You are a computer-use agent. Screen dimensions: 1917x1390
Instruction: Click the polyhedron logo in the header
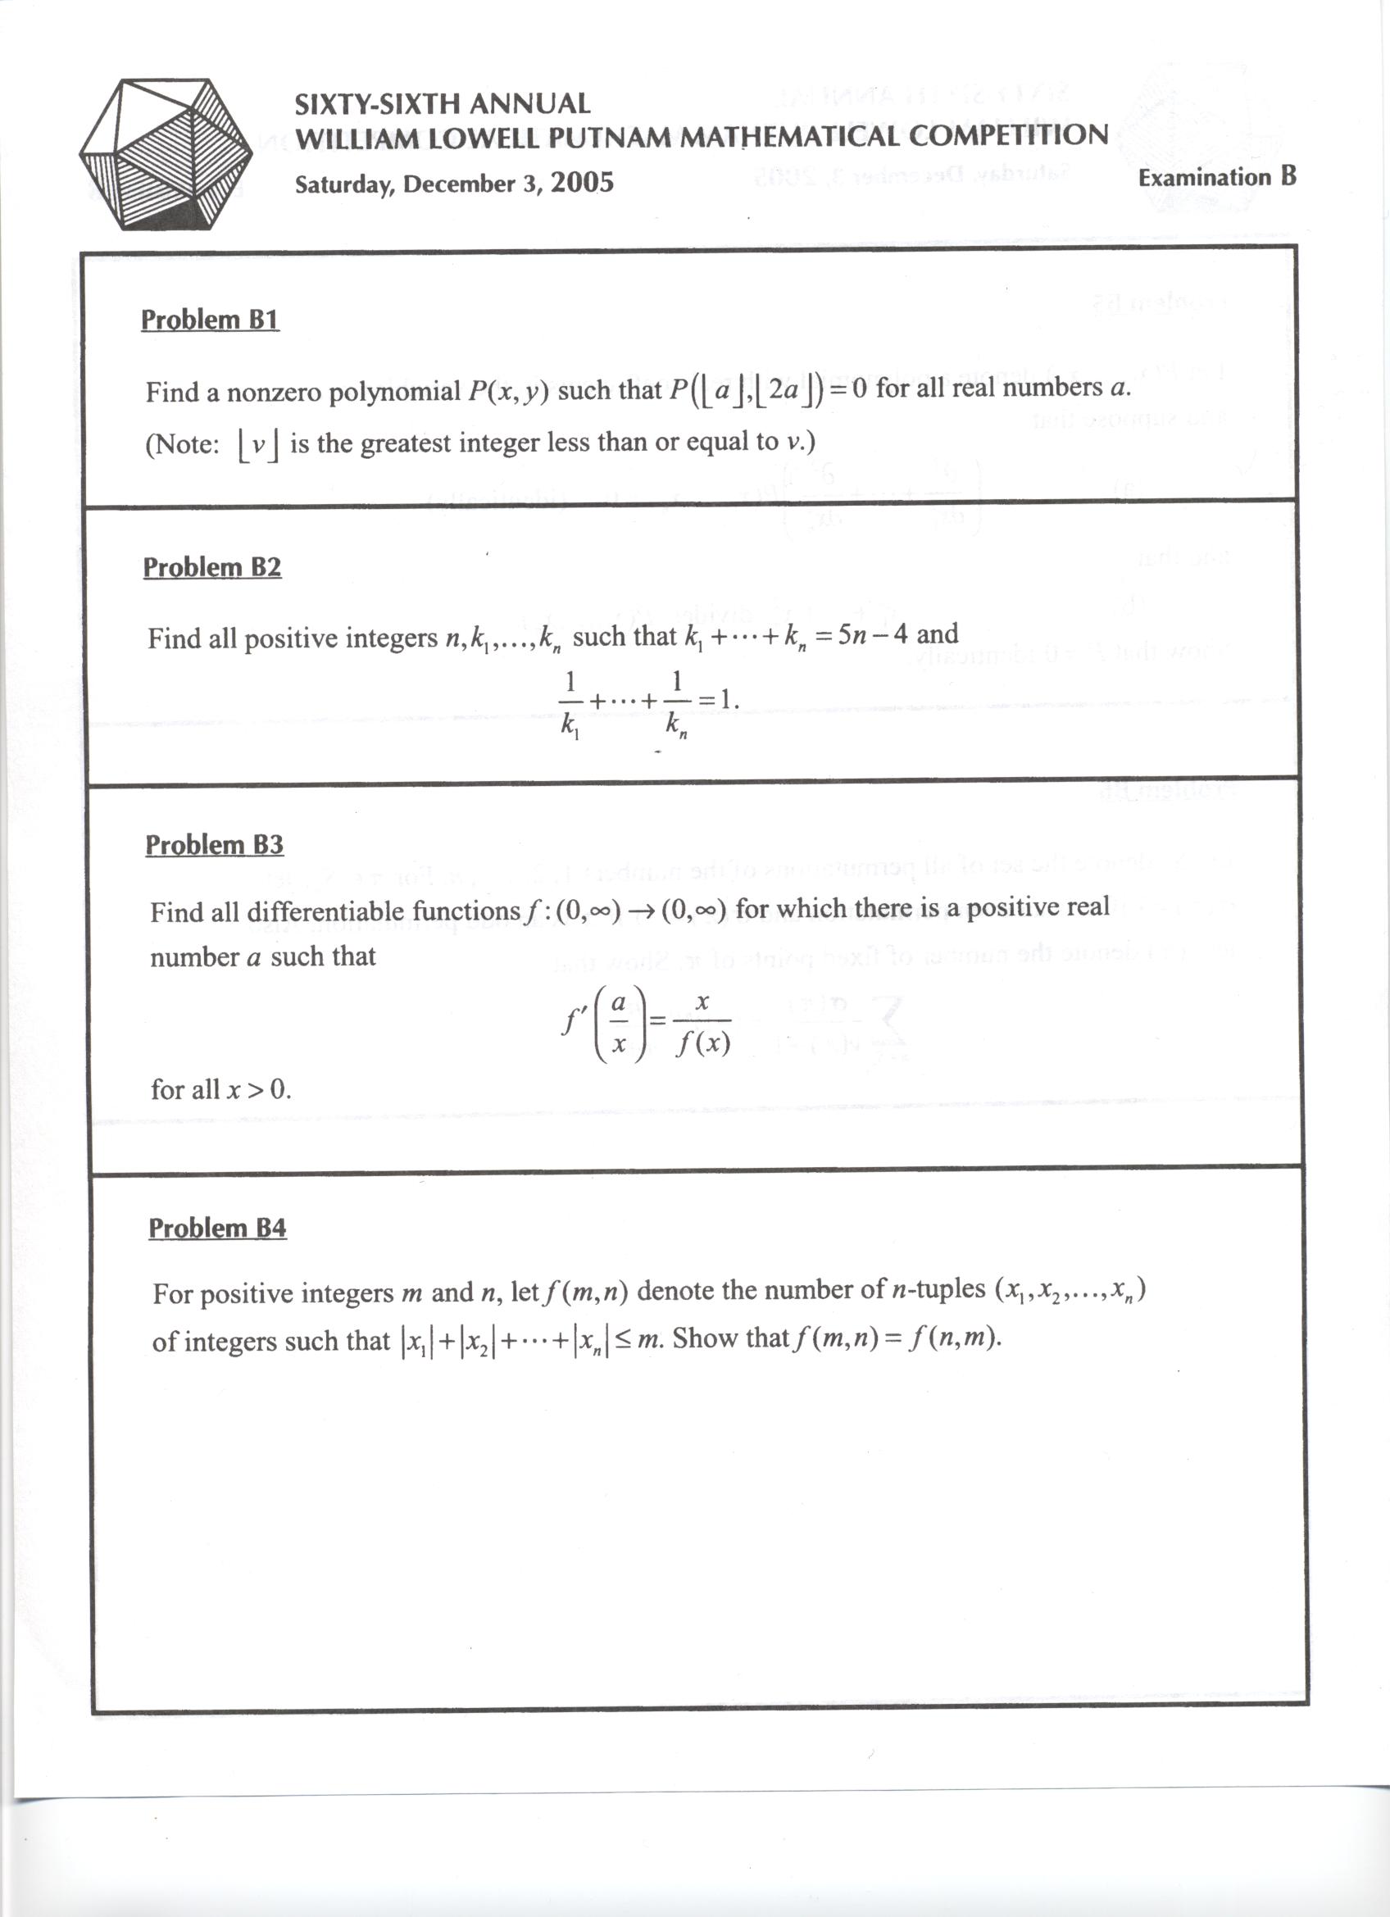[166, 154]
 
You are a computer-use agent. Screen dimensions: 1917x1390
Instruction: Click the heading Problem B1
[210, 320]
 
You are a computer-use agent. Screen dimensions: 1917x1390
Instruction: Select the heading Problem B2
[211, 567]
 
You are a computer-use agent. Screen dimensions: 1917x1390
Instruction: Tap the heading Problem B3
[214, 844]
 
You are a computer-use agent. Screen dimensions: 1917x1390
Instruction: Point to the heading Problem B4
[217, 1227]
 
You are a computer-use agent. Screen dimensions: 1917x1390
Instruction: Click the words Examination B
[1216, 178]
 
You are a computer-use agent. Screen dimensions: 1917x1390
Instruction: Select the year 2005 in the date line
[582, 183]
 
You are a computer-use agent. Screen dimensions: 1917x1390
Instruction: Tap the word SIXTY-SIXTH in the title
[377, 105]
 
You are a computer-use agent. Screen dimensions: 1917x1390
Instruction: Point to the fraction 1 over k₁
[570, 702]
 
